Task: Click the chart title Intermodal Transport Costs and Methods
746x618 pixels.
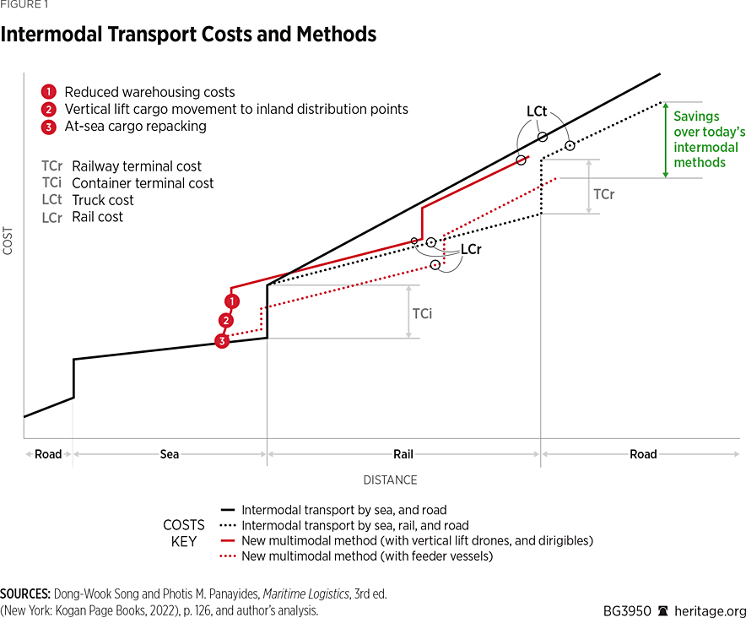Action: pos(188,35)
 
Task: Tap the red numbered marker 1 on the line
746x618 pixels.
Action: pos(231,301)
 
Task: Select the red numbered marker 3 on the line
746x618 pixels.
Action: pos(222,341)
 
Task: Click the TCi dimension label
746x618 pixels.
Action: pos(422,313)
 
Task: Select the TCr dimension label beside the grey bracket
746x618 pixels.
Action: pos(603,194)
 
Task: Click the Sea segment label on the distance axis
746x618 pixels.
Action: pos(170,454)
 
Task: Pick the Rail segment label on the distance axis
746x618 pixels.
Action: pos(403,454)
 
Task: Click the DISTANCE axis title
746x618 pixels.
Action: pos(390,480)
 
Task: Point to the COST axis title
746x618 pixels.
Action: pos(8,241)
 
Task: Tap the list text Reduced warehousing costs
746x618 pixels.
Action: pos(149,92)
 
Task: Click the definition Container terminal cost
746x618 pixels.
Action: pos(143,183)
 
